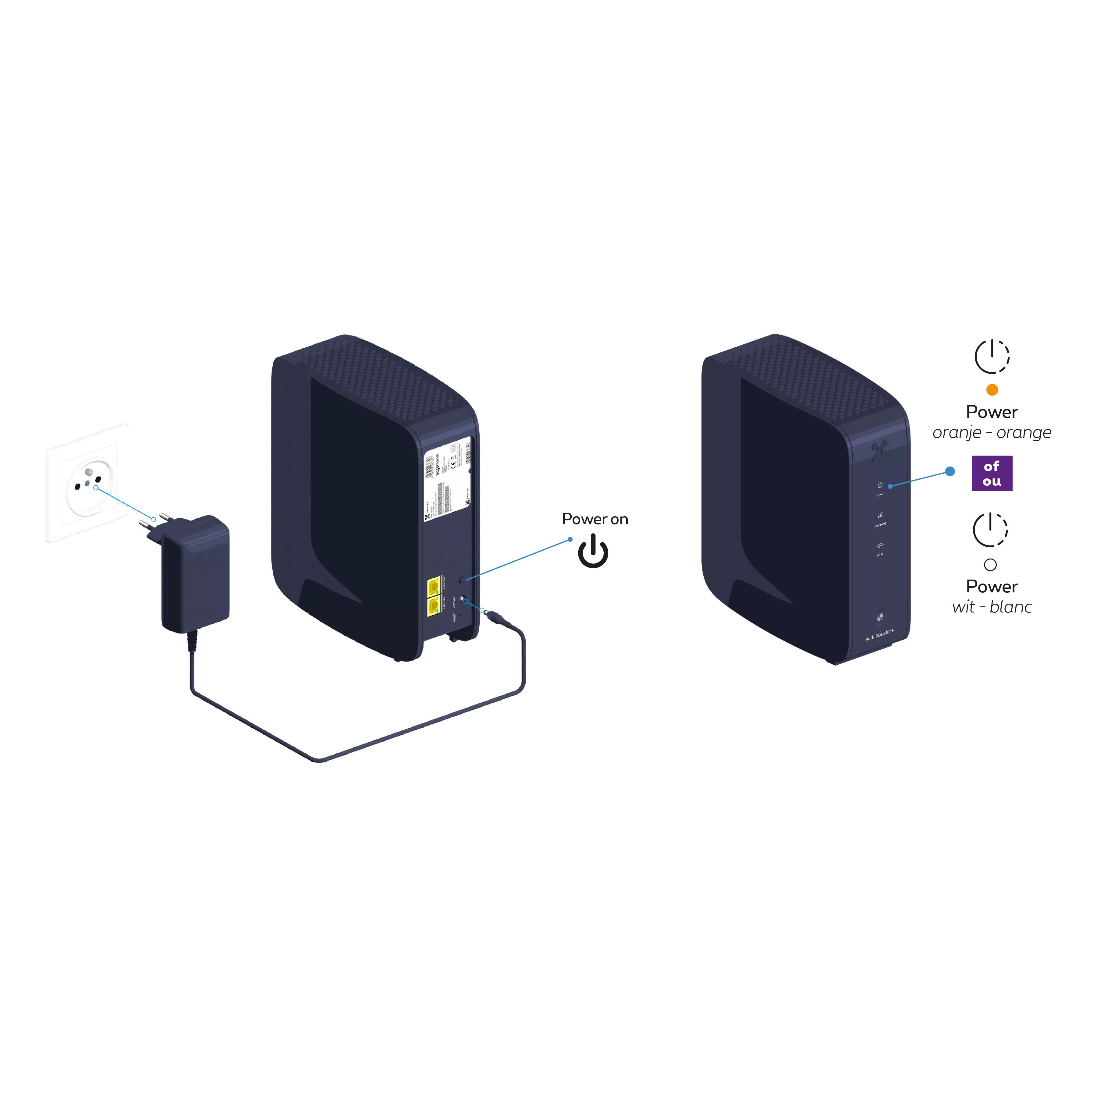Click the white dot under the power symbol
[x=990, y=565]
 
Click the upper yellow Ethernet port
[x=434, y=585]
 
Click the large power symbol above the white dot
[x=990, y=530]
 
